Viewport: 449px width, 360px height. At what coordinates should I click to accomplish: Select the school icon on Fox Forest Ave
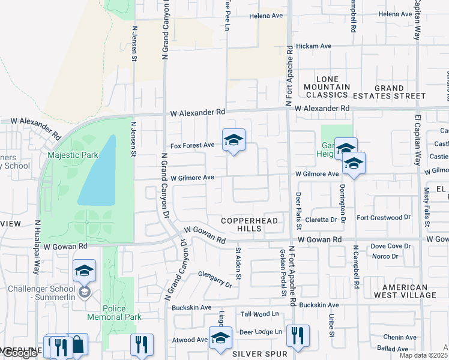tap(234, 141)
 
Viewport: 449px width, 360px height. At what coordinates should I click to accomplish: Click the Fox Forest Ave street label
tap(192, 145)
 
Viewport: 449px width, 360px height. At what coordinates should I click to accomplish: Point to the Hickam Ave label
tap(318, 46)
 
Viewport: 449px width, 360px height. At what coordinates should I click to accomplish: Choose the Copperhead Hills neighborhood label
tap(250, 224)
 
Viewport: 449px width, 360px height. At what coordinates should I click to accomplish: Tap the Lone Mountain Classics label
tap(333, 87)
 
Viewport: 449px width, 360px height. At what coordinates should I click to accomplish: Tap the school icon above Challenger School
tap(85, 271)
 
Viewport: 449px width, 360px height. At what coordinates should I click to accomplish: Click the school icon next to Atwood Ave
tap(220, 338)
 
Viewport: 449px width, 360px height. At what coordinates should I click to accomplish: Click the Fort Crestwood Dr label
tap(383, 217)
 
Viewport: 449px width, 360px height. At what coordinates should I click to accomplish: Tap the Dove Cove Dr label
tap(390, 246)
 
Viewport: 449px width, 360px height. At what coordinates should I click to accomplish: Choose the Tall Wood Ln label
tap(260, 314)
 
